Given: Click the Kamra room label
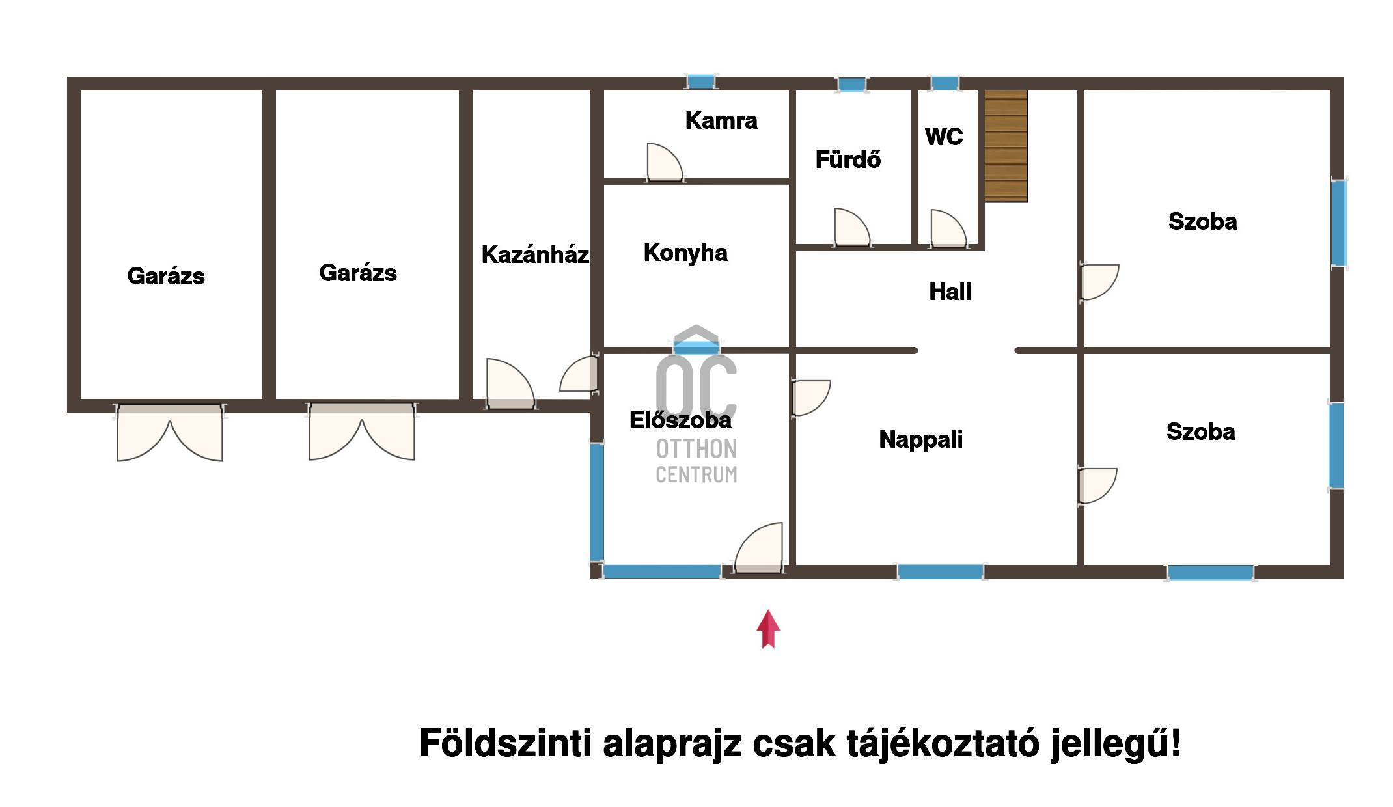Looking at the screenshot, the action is click(721, 120).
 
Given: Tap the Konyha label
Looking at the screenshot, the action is click(685, 253).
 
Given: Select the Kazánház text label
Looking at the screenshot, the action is click(535, 254).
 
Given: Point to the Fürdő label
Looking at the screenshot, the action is click(848, 159).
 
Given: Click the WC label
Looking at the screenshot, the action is click(944, 137).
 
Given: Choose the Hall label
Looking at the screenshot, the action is click(950, 292).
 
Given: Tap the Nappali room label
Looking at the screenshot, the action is click(920, 440).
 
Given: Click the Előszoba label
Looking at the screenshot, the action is click(680, 420).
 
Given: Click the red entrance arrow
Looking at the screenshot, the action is click(768, 629).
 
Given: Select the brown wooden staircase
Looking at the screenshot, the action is click(1006, 146).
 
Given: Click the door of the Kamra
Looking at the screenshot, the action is click(665, 162).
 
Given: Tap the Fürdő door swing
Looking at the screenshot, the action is click(852, 228).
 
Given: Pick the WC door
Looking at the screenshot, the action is click(948, 228).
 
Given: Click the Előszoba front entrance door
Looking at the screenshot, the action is click(758, 548).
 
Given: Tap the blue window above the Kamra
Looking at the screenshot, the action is click(701, 82).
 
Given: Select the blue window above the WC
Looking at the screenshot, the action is click(945, 83).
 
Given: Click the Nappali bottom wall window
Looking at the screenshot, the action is click(941, 572).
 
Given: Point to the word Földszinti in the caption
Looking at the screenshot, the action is click(506, 743).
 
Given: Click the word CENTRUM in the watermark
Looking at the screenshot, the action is click(696, 475).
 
